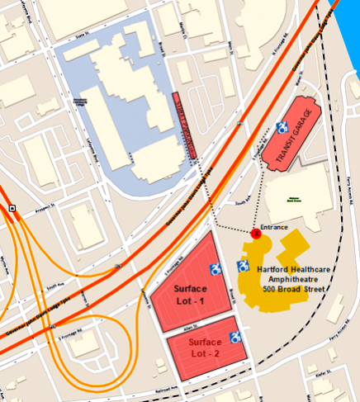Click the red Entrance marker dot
pyautogui.click(x=256, y=234)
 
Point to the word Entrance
pyautogui.click(x=274, y=226)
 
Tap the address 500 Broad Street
pyautogui.click(x=294, y=289)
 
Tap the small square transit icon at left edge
pyautogui.click(x=12, y=208)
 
